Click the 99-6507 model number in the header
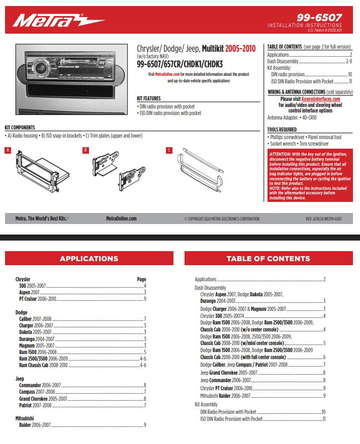pyautogui.click(x=326, y=17)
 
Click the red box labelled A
pyautogui.click(x=8, y=150)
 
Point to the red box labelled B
pyautogui.click(x=85, y=150)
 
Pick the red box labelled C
pyautogui.click(x=169, y=150)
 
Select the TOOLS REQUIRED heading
pyautogui.click(x=282, y=130)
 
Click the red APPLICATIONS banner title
pyautogui.click(x=89, y=259)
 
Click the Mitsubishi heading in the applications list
pyautogui.click(x=25, y=418)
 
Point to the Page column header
pyautogui.click(x=141, y=279)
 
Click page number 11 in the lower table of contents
pyautogui.click(x=324, y=418)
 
